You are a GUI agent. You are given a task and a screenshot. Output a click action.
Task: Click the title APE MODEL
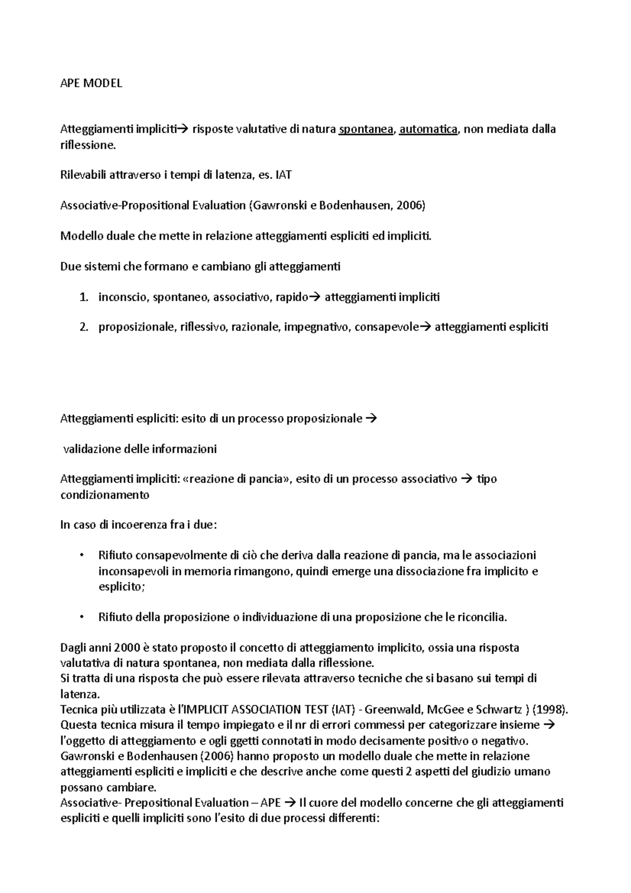pos(91,83)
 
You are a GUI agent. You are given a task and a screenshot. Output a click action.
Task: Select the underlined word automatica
pos(428,129)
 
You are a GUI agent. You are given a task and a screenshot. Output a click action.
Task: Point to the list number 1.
pos(83,298)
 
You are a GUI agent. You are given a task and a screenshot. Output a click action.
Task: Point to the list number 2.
pos(83,328)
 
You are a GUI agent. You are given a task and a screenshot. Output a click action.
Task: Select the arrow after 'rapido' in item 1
pos(315,297)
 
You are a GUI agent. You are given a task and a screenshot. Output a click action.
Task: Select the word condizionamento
pos(105,495)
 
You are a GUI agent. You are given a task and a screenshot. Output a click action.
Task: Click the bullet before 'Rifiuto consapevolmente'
pos(81,556)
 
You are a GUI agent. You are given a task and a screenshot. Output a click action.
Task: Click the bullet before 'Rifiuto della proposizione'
pos(81,617)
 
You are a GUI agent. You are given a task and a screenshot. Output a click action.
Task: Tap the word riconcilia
pos(482,617)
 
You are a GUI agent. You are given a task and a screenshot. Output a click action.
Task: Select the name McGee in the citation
pos(446,710)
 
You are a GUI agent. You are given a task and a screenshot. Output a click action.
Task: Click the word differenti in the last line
pos(350,819)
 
